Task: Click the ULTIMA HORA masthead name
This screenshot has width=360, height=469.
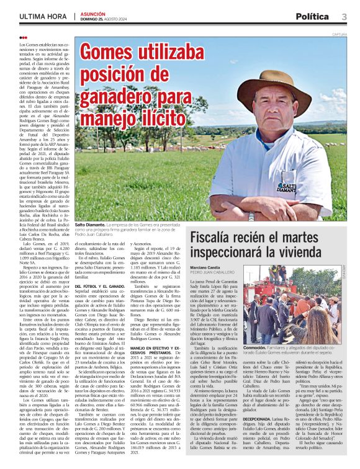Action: [x=43, y=17]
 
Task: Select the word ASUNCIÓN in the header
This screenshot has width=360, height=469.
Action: [x=94, y=13]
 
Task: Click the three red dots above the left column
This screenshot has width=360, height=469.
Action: [x=24, y=38]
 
